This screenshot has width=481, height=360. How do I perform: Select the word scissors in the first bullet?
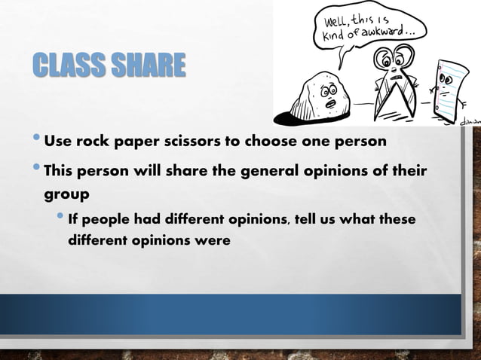coord(196,142)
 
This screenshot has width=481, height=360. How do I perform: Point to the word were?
coord(210,242)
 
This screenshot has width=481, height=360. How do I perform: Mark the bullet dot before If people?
coord(60,219)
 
